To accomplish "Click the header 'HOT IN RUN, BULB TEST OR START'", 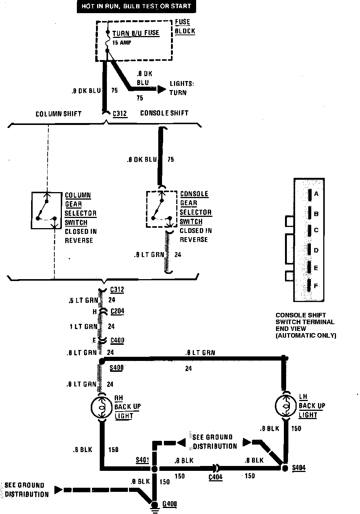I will coord(136,6).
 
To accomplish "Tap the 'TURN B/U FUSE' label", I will coord(136,33).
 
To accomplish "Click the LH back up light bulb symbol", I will coord(285,406).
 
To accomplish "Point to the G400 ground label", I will coord(169,504).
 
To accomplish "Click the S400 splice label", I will coord(116,368).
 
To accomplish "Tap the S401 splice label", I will coord(142,460).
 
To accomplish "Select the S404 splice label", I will coord(299,468).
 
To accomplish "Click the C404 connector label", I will coord(215,477).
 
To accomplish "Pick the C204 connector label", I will coord(117,311).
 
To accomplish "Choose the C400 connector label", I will coord(117,340).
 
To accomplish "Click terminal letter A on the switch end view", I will coord(316,194).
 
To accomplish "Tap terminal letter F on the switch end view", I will coord(316,286).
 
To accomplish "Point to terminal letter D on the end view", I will coord(316,250).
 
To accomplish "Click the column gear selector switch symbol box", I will coord(46,210).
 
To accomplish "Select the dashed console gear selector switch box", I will coord(161,209).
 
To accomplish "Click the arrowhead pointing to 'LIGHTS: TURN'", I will coord(161,89).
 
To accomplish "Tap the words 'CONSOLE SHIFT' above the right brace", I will coord(164,113).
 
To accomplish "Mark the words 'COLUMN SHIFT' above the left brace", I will coord(58,114).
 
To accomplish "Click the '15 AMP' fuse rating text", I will coord(121,42).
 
